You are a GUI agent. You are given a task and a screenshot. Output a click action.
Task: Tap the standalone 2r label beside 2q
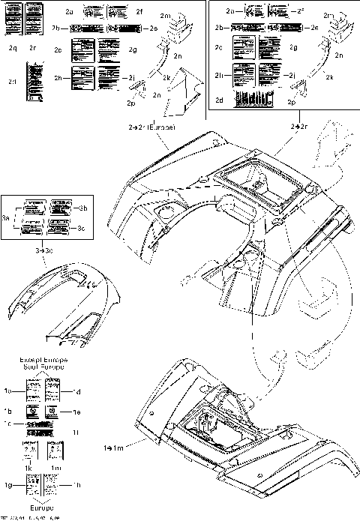point(32,47)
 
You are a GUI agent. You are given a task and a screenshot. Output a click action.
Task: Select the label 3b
point(84,208)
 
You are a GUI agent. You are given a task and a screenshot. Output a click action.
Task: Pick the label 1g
point(7,485)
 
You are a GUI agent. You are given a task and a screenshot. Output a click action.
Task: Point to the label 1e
point(76,412)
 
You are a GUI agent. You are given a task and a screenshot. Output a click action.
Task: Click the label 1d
point(76,391)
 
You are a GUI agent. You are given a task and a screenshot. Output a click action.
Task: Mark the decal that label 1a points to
point(33,390)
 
